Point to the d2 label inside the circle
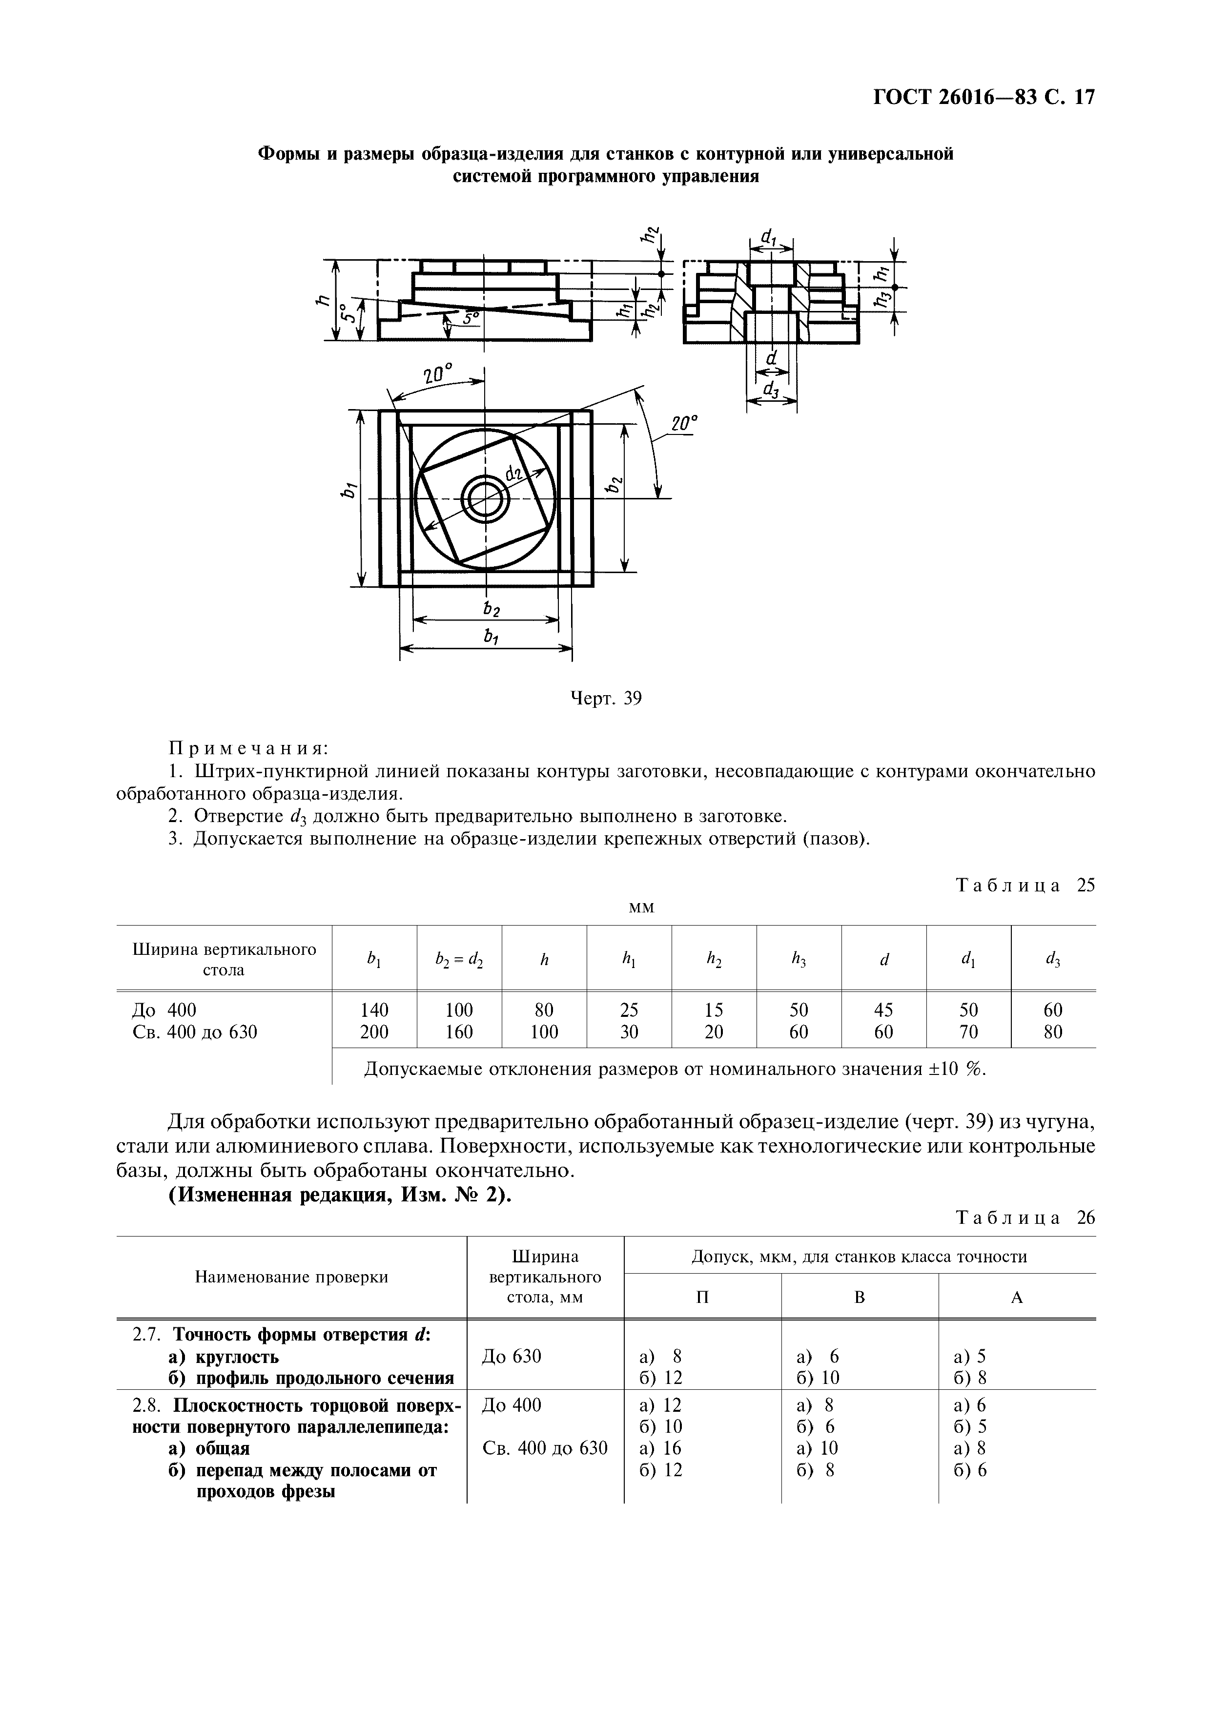coord(513,472)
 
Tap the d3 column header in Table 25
coord(1053,960)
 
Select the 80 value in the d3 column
coord(1053,1032)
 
